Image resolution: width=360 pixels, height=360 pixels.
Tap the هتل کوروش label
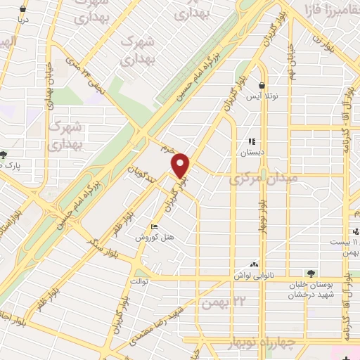click(155, 238)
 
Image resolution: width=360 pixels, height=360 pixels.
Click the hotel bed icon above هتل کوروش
click(155, 226)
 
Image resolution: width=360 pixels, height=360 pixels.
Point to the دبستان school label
click(252, 152)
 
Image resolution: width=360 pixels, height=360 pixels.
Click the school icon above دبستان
click(252, 141)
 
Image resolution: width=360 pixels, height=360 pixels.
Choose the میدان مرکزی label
click(264, 179)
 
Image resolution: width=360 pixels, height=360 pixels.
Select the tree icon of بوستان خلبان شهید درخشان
click(310, 273)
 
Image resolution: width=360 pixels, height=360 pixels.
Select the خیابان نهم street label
click(292, 62)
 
